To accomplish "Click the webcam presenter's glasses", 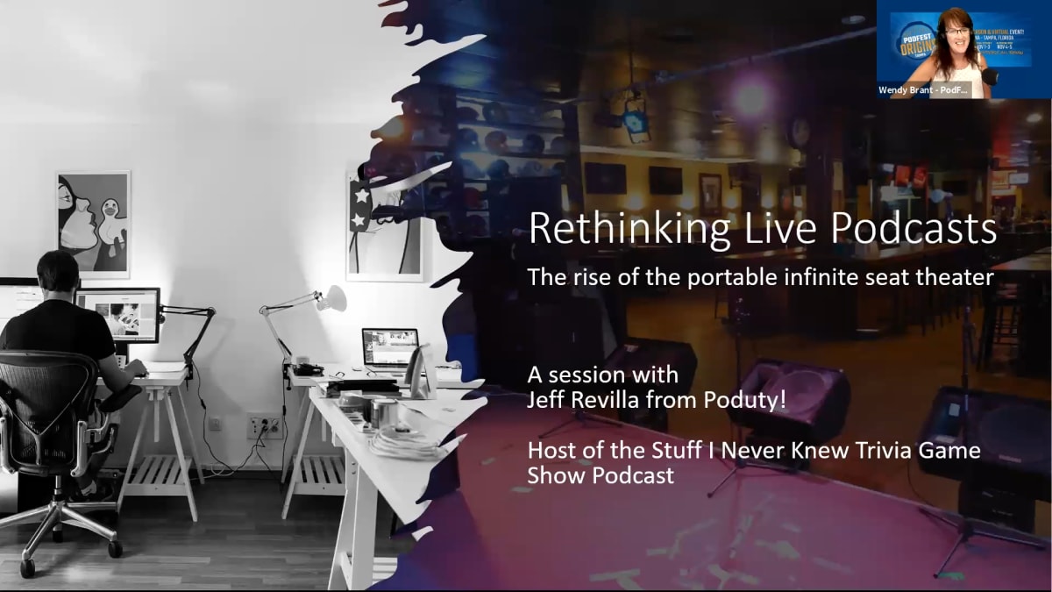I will point(956,31).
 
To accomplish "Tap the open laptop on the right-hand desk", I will point(390,347).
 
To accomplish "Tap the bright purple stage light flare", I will point(750,98).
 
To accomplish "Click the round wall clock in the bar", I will point(799,132).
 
